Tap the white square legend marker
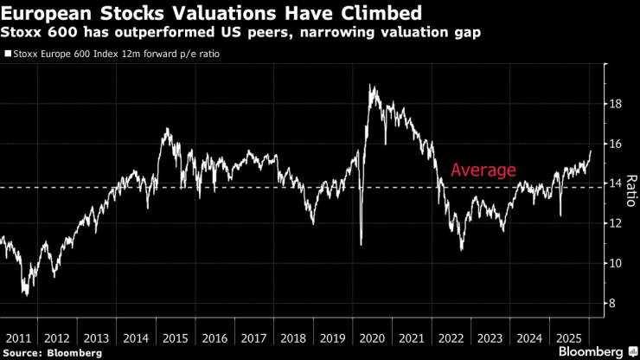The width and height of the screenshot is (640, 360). (8, 54)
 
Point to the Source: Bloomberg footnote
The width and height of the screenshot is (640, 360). (52, 353)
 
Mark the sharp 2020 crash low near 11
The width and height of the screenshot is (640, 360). (362, 245)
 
